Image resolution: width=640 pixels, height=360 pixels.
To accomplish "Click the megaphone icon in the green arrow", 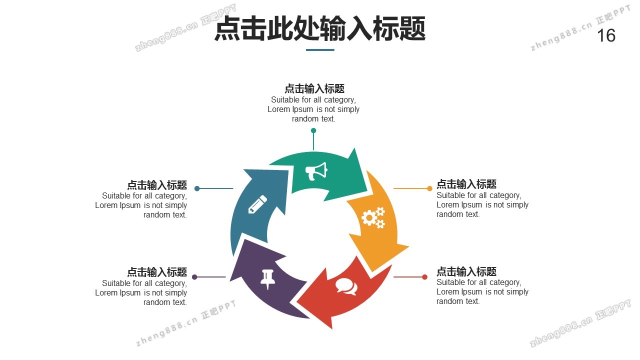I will click(x=316, y=171).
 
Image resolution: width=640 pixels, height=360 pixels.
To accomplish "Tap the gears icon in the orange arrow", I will click(x=373, y=217).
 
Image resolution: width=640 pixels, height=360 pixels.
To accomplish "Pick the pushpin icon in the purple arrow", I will click(x=268, y=278).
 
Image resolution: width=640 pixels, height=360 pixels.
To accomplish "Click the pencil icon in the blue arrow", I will click(x=257, y=205).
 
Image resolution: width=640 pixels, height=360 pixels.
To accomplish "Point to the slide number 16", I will click(x=606, y=36).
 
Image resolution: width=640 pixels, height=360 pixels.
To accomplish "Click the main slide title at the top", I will click(x=320, y=29).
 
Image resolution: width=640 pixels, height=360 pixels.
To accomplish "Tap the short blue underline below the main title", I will click(x=320, y=50).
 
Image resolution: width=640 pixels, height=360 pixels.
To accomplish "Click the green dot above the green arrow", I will click(x=313, y=130).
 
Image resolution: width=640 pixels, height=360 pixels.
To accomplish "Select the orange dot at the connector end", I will click(x=429, y=188).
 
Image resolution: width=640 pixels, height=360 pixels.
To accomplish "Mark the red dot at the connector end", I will click(x=424, y=277).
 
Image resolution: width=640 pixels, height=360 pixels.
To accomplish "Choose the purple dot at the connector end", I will click(x=194, y=277).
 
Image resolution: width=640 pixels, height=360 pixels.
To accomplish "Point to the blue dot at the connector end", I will click(x=197, y=188).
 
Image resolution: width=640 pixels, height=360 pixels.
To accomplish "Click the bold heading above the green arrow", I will click(x=314, y=89).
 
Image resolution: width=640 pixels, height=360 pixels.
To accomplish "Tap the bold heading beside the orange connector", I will click(x=466, y=184).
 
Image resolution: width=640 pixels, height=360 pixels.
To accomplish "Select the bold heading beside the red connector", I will click(x=466, y=271).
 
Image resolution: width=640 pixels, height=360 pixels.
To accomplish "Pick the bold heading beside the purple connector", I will click(x=157, y=272).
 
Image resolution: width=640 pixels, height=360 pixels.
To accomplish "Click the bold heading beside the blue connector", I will click(x=157, y=184).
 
